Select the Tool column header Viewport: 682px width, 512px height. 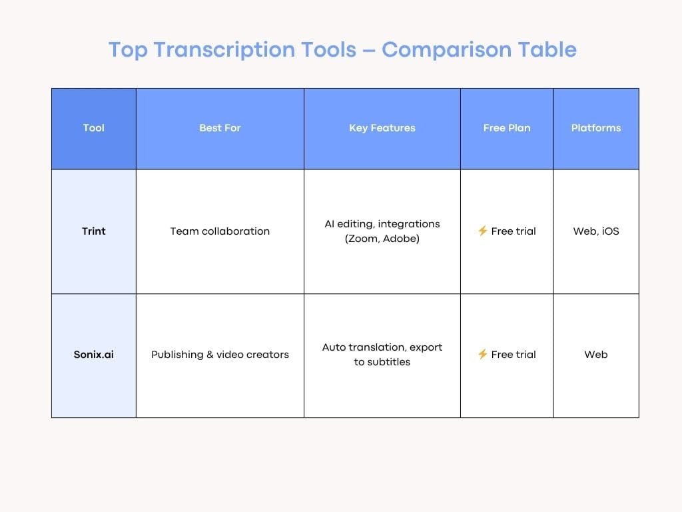tap(94, 128)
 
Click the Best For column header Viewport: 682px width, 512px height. tap(220, 128)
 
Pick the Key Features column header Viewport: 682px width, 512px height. tap(382, 128)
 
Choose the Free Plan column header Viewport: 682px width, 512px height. tap(507, 128)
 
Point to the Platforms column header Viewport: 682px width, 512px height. tap(596, 128)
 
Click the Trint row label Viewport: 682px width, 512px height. tap(94, 231)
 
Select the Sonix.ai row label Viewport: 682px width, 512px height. tap(94, 355)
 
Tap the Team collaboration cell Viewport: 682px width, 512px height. tap(220, 231)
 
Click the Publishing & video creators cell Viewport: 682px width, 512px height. tap(220, 355)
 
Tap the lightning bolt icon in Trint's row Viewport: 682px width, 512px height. tap(483, 231)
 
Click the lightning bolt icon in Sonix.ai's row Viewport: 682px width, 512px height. tap(483, 355)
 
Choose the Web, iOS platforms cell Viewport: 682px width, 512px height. tap(596, 231)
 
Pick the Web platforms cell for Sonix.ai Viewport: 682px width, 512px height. tap(596, 355)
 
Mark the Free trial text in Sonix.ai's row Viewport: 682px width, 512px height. tap(513, 355)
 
